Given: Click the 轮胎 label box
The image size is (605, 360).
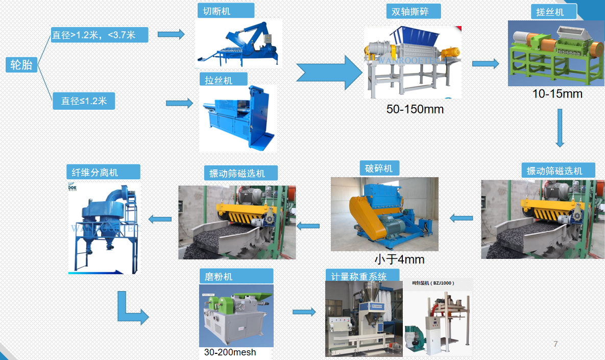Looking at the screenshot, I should [x=21, y=64].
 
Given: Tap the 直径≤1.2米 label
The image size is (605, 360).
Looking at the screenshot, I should [x=84, y=101].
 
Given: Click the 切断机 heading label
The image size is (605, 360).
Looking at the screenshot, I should [x=219, y=11].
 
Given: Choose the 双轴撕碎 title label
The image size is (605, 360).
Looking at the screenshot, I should [x=413, y=11].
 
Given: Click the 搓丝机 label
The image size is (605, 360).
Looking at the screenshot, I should [x=549, y=12].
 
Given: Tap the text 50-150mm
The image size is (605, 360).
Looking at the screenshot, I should [x=415, y=109].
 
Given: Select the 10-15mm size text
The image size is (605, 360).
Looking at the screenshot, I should [x=557, y=94].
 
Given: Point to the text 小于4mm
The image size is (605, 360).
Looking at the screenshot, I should [x=399, y=259].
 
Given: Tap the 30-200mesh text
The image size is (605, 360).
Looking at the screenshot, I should [x=230, y=352].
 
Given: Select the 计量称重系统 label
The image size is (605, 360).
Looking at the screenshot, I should [x=359, y=276].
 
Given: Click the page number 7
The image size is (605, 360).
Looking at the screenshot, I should [x=555, y=344].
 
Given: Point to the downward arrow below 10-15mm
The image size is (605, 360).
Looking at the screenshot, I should [x=560, y=128].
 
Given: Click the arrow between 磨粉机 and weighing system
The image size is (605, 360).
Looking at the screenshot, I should [x=304, y=311].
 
